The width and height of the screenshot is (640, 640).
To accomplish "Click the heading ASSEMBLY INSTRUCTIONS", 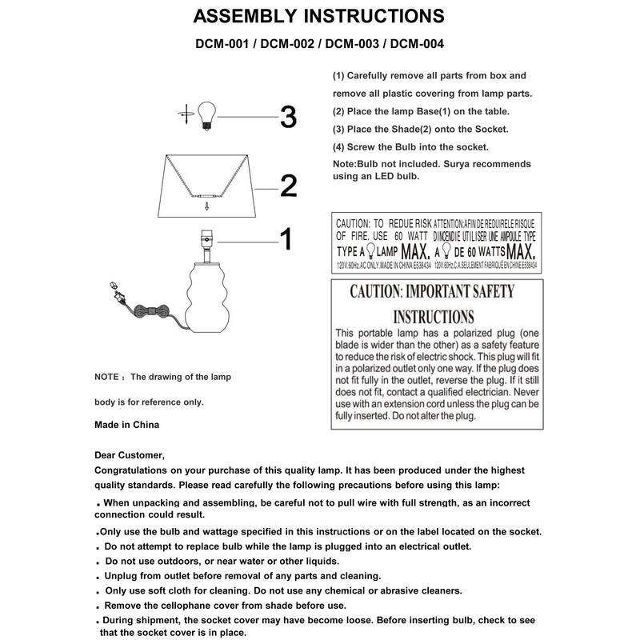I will click(319, 15).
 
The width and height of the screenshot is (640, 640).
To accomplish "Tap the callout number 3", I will click(288, 118).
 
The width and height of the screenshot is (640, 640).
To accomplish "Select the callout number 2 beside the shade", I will click(288, 186).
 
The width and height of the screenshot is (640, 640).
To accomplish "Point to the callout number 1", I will click(285, 238).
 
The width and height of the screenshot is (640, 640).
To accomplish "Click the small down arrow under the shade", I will click(206, 206).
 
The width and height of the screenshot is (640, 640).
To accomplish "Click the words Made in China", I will click(126, 425).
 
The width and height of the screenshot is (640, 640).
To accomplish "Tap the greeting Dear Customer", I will click(129, 455).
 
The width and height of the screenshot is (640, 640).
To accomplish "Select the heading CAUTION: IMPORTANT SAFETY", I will click(432, 290).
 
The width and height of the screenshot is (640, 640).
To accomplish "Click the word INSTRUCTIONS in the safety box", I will click(433, 316).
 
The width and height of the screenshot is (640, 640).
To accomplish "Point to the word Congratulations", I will click(136, 470).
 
